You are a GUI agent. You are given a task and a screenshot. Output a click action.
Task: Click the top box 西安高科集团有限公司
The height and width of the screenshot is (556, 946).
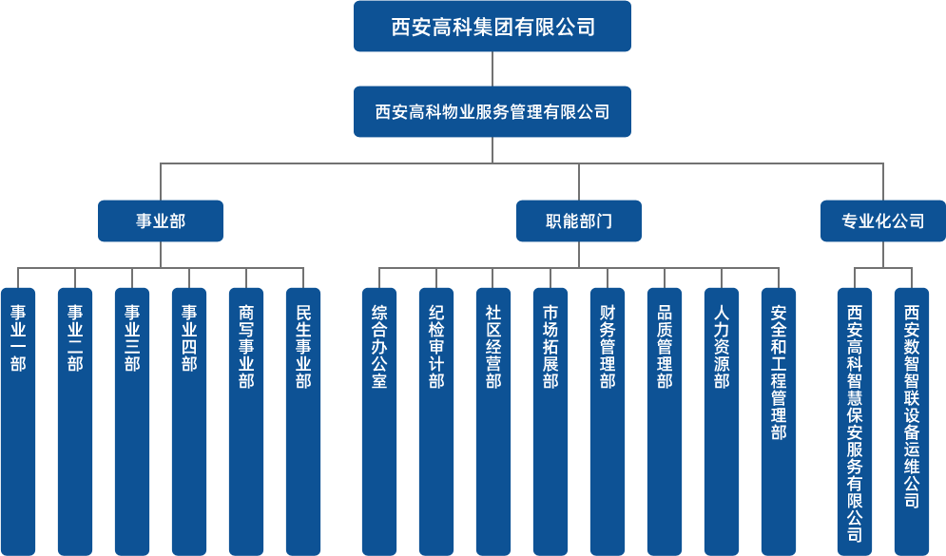492,26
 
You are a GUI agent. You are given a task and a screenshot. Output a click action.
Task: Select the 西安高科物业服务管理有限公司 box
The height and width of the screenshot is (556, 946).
492,111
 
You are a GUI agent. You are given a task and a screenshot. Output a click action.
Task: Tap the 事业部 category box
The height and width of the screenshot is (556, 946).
161,220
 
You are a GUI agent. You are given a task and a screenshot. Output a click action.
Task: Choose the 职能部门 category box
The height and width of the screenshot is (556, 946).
579,220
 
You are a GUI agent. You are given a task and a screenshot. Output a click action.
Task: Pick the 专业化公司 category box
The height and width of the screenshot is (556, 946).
882,220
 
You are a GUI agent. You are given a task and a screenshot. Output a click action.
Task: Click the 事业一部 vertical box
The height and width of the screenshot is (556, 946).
18,422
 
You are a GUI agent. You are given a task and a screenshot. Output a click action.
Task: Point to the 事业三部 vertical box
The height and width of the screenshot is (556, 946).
132,422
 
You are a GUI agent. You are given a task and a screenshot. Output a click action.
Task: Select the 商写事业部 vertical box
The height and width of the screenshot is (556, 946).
246,422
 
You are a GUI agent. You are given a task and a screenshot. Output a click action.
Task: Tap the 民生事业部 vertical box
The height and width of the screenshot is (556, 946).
303,422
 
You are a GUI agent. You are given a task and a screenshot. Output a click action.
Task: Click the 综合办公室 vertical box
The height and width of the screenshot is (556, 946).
379,422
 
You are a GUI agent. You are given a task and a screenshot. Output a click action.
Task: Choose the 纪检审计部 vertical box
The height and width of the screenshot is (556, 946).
436,422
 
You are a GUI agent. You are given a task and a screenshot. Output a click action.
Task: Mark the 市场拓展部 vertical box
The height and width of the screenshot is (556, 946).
550,422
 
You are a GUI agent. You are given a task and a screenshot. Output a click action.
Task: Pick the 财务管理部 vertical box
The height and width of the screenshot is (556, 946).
607,422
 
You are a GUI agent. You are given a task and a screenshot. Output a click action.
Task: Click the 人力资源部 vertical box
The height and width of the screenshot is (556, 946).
722,422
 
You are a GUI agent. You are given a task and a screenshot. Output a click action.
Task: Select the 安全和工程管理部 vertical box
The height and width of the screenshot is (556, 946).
779,422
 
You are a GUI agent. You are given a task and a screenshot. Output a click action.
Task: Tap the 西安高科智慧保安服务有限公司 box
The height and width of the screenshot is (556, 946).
855,422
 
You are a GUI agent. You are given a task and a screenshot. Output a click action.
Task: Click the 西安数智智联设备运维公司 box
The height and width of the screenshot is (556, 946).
912,422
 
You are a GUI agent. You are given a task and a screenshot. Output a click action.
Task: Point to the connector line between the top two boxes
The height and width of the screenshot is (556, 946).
492,68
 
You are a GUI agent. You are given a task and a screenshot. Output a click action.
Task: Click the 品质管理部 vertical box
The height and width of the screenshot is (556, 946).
665,422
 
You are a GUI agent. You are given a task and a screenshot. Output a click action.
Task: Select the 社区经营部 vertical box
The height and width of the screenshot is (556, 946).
493,422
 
